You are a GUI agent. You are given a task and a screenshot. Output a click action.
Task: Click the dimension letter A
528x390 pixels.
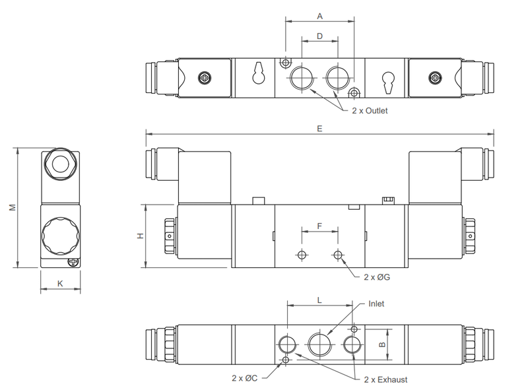click(x=319, y=15)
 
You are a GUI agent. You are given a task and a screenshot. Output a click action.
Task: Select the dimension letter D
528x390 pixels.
click(x=319, y=37)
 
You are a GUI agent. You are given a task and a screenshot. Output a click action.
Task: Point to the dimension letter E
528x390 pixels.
click(x=319, y=129)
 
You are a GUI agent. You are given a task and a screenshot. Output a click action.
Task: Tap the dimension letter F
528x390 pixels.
click(x=320, y=226)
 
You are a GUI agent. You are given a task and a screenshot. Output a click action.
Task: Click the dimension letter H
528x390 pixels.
click(x=140, y=236)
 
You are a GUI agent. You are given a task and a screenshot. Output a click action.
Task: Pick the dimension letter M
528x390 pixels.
click(x=12, y=208)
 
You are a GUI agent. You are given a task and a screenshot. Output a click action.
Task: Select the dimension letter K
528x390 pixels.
click(x=60, y=284)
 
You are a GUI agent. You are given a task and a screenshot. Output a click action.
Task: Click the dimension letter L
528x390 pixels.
click(x=319, y=300)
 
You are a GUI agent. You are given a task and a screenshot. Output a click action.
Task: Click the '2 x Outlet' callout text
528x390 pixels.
click(x=371, y=111)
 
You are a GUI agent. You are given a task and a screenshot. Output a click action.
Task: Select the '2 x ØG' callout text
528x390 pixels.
click(x=377, y=277)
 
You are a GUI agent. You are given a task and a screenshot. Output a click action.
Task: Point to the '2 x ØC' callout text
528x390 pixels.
click(x=244, y=378)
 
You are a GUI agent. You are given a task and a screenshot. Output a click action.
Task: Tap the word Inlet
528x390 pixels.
click(x=376, y=304)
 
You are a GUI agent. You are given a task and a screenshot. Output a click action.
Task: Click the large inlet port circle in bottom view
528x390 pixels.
click(x=320, y=344)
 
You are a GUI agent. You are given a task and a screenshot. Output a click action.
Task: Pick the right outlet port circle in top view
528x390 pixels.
click(x=337, y=77)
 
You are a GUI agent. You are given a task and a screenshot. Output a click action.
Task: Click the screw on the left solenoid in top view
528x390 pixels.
click(x=205, y=78)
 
